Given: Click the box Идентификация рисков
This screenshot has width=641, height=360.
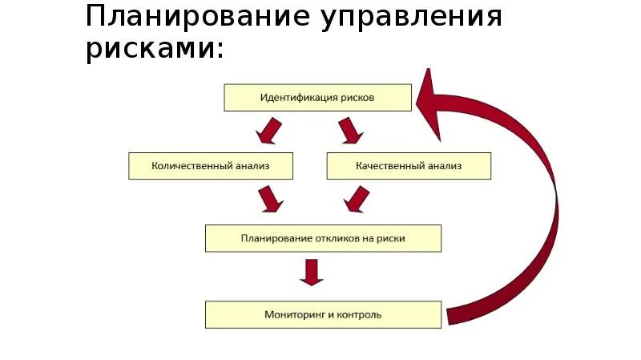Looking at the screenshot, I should click(317, 98).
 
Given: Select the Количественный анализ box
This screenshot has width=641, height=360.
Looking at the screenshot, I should click(211, 166).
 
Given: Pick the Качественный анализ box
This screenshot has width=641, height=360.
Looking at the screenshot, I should click(409, 166).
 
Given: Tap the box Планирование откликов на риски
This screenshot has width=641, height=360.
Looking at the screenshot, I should click(323, 238).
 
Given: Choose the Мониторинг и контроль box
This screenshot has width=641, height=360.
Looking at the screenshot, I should click(323, 314).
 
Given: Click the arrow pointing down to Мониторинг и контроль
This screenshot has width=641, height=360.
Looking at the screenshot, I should click(311, 273).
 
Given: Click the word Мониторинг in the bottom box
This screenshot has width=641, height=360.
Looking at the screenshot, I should click(291, 314).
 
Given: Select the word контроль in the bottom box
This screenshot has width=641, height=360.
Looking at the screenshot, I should click(361, 314).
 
